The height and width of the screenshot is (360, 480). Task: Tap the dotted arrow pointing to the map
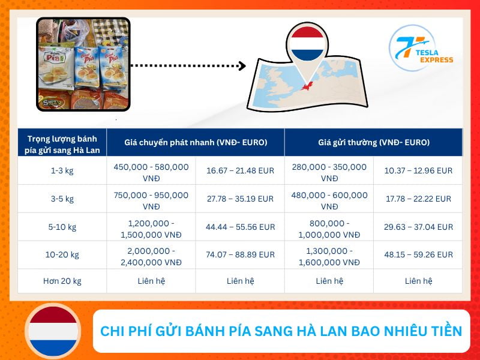click(x=188, y=65)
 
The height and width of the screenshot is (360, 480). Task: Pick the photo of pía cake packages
click(x=83, y=64)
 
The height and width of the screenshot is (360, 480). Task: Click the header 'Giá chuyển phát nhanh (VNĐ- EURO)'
click(x=196, y=143)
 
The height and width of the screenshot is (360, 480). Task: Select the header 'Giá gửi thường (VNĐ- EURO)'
click(x=373, y=143)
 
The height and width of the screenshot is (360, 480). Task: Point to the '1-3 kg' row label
click(x=62, y=170)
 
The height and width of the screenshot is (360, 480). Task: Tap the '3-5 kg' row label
click(x=62, y=199)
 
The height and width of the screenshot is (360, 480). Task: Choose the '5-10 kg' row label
click(x=62, y=227)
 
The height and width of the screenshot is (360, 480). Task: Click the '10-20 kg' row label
click(x=62, y=254)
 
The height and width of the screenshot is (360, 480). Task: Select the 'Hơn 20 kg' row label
click(x=62, y=280)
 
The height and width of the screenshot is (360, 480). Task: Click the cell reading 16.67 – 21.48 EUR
click(x=240, y=170)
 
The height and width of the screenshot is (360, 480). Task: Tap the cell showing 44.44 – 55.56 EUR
click(x=240, y=227)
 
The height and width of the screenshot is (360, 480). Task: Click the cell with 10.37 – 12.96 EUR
click(x=418, y=170)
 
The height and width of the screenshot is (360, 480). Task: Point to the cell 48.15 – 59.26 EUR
click(x=418, y=254)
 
